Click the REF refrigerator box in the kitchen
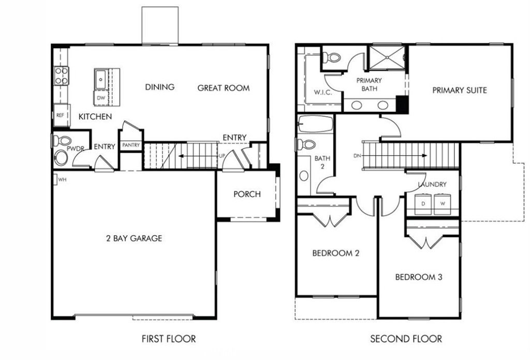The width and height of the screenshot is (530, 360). point(61,115)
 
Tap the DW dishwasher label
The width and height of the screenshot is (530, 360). point(101,97)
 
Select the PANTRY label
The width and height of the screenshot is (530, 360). point(130,145)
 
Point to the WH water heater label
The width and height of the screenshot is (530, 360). point(62,180)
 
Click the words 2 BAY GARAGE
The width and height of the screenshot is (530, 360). point(134,238)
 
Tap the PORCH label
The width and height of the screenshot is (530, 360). point(247,194)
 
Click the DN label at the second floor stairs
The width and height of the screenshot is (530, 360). point(357,155)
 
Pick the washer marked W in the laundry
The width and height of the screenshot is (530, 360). point(442,204)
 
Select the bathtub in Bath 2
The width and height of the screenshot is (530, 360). point(315,124)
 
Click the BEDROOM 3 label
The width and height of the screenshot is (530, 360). point(418,277)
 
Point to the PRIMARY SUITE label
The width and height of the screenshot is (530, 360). point(459,91)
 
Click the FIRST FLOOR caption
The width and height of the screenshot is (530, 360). point(169,339)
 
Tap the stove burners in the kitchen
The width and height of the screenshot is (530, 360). point(61,76)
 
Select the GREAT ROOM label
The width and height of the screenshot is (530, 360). point(223,88)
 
